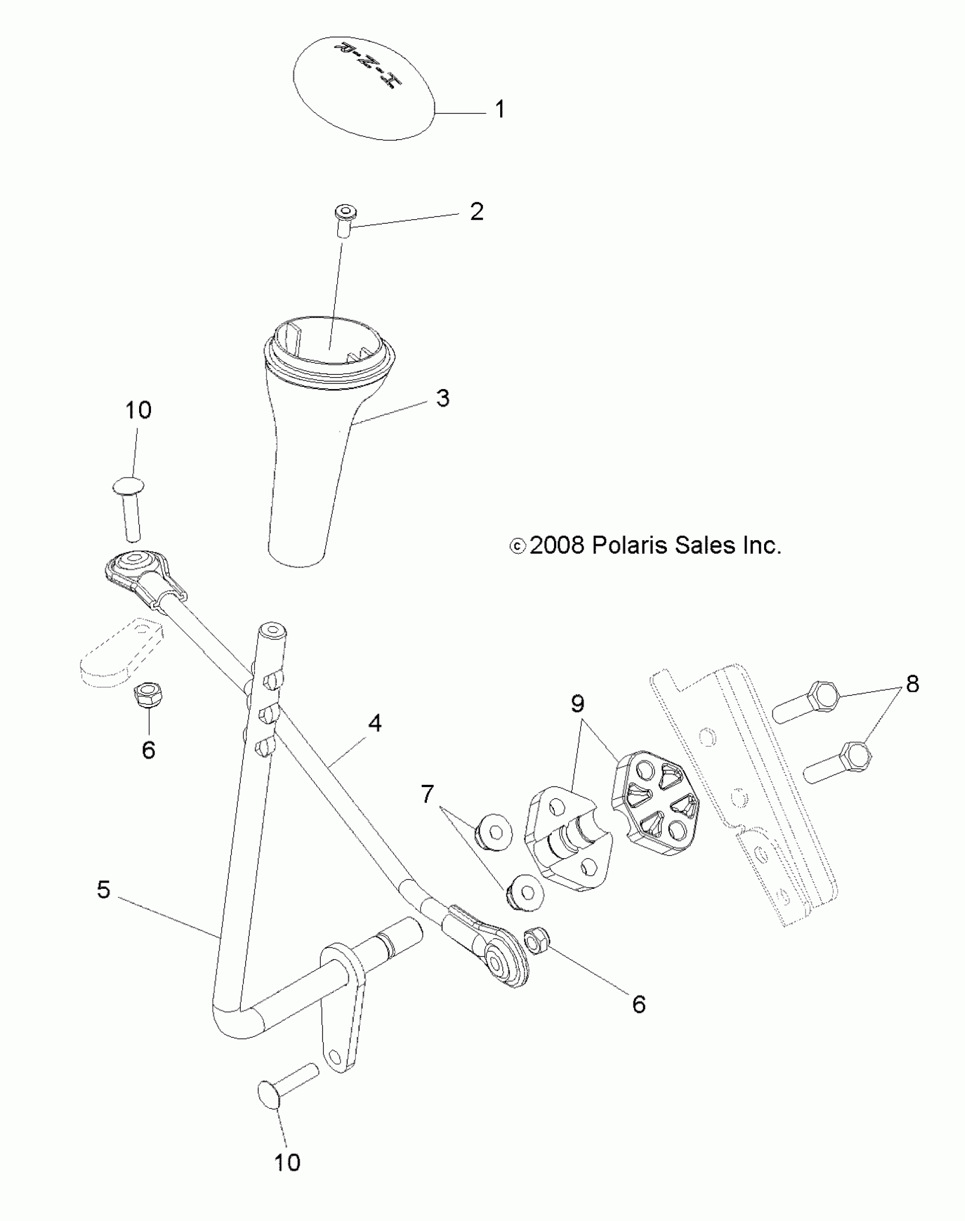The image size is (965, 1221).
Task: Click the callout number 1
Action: tap(500, 109)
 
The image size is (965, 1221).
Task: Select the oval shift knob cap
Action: tap(363, 88)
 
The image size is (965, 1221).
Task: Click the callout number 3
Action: tap(443, 398)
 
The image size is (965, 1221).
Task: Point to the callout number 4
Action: tap(375, 723)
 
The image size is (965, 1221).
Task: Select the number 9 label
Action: tap(577, 704)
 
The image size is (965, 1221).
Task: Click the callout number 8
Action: tap(912, 684)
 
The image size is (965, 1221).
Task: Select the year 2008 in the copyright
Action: tap(556, 546)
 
